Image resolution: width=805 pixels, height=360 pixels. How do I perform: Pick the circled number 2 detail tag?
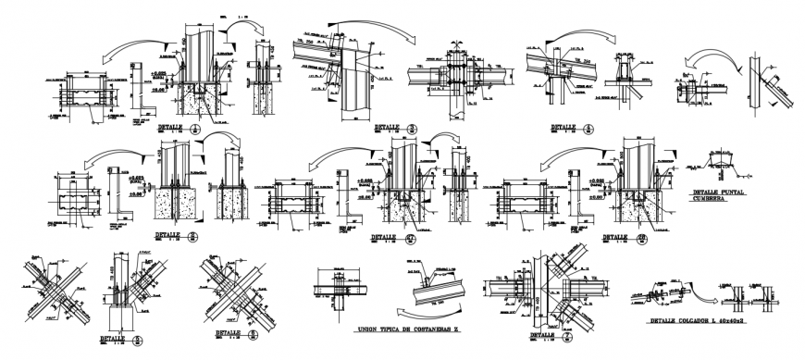point(193,236)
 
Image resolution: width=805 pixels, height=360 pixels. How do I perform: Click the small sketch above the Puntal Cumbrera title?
point(718,166)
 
